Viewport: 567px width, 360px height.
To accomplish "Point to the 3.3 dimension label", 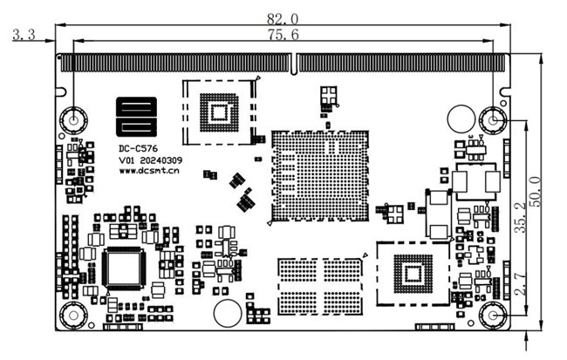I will coord(22,36).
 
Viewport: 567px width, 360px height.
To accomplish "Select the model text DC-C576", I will coord(139,148).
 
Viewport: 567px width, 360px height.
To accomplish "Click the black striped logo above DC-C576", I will coord(138,118).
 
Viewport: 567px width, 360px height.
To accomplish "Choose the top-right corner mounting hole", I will coord(494,119).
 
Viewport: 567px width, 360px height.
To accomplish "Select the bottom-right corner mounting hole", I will coord(494,315).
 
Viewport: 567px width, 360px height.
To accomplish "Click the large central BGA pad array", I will coord(318,175).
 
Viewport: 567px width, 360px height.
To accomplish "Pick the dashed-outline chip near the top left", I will coord(217,111).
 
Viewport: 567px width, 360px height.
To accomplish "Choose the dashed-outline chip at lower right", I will coord(412,274).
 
